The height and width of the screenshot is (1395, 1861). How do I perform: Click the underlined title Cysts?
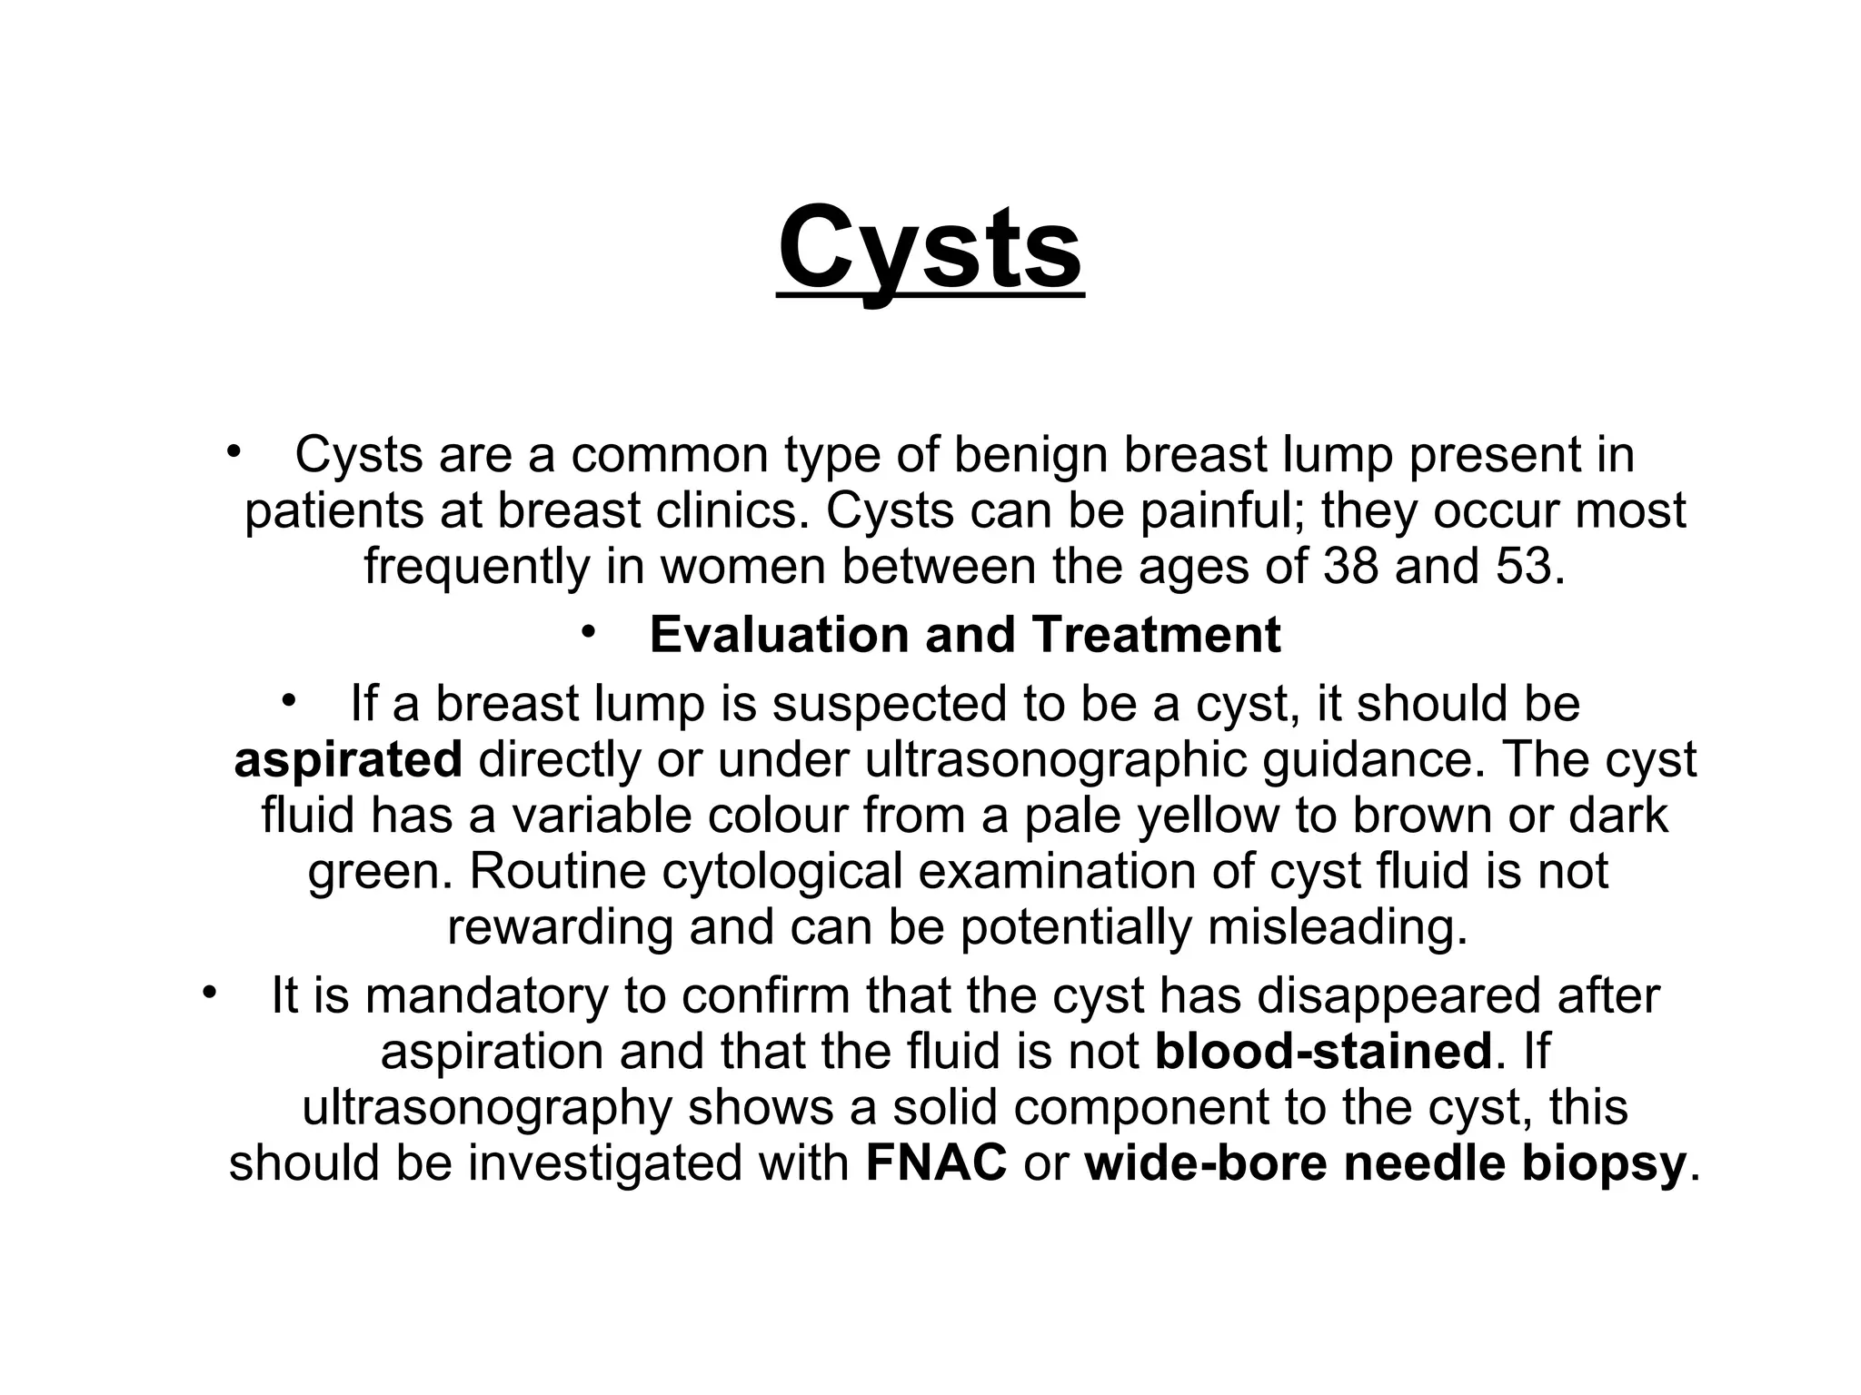click(x=930, y=248)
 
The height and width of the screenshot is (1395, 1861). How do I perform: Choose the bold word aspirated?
click(x=348, y=760)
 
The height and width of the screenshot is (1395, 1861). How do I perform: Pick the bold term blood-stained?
click(x=1323, y=1052)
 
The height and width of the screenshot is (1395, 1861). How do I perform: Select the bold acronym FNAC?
click(x=936, y=1162)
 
